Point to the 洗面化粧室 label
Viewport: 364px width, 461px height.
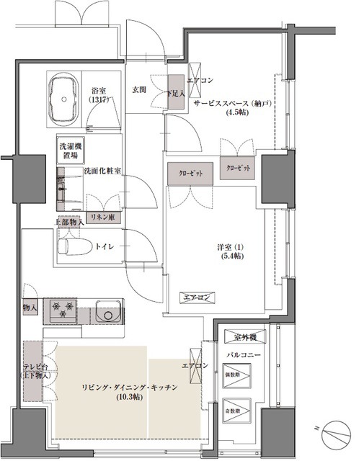(102, 171)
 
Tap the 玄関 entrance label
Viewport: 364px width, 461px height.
(140, 89)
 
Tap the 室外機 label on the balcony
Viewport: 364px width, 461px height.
(242, 336)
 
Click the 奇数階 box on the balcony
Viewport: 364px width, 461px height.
(237, 411)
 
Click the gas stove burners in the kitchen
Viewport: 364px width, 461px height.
(63, 311)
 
